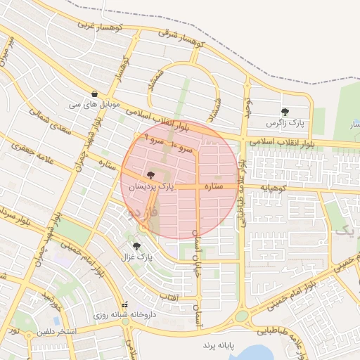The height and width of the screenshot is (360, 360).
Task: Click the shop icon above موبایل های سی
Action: click(x=94, y=94)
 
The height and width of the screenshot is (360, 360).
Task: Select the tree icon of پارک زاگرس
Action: click(x=285, y=112)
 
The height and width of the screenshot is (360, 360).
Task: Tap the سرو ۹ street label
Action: click(x=155, y=138)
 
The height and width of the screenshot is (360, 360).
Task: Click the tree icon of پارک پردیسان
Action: click(x=150, y=174)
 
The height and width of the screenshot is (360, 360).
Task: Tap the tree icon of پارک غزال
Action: click(x=136, y=246)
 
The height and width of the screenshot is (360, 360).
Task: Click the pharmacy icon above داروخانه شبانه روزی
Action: click(x=125, y=305)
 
